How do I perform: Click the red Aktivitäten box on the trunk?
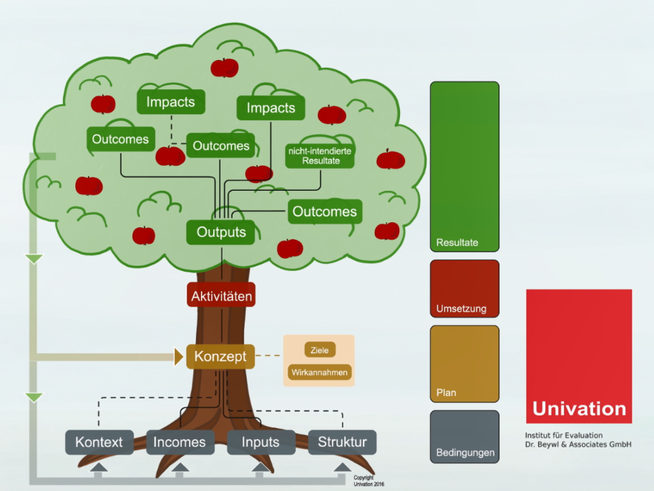pyautogui.click(x=221, y=294)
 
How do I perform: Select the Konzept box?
pyautogui.click(x=220, y=356)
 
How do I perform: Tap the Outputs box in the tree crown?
pyautogui.click(x=221, y=232)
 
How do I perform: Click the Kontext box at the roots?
pyautogui.click(x=99, y=442)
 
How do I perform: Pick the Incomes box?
pyautogui.click(x=180, y=442)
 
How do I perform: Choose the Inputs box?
pyautogui.click(x=260, y=442)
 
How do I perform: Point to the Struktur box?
pyautogui.click(x=341, y=442)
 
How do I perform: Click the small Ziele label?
pyautogui.click(x=319, y=350)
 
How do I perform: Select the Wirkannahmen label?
pyautogui.click(x=319, y=372)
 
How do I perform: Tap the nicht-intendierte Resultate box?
pyautogui.click(x=321, y=156)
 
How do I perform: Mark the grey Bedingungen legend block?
pyautogui.click(x=464, y=437)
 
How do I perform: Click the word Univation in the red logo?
pyautogui.click(x=579, y=410)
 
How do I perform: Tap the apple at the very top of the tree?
pyautogui.click(x=225, y=68)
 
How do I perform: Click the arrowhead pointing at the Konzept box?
pyautogui.click(x=179, y=356)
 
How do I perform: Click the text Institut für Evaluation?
pyautogui.click(x=564, y=435)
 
